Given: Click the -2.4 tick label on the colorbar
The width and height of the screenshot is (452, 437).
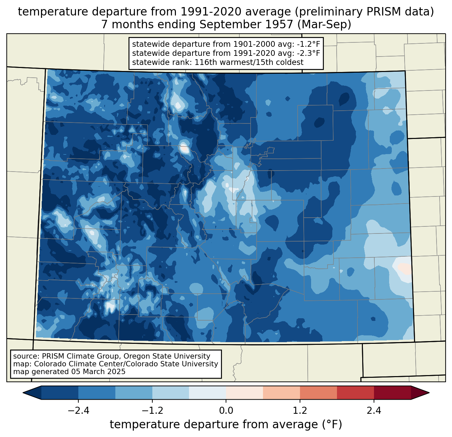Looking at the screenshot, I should point(78,411).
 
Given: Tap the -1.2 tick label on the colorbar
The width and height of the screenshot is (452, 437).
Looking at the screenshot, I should point(152,411).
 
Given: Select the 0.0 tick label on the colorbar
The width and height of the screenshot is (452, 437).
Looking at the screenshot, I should point(226,411).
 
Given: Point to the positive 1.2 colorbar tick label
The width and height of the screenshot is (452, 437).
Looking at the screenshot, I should point(300,411).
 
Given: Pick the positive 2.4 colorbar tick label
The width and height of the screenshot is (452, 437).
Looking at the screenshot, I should point(374,411).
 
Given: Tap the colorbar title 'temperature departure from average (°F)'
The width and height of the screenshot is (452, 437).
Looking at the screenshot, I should point(226,425).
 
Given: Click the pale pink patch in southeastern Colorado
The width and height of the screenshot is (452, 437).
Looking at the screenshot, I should point(404,268).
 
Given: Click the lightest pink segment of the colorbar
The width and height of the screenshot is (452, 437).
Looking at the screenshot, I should point(244,393).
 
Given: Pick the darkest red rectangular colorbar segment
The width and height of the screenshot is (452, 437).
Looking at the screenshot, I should point(392,393).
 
